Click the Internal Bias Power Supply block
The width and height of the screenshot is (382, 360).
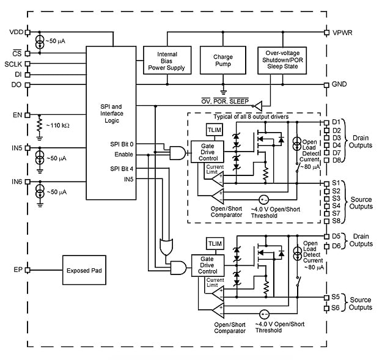click(x=163, y=61)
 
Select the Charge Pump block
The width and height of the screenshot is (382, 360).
click(x=223, y=61)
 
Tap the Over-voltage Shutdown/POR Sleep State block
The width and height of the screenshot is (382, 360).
click(x=282, y=61)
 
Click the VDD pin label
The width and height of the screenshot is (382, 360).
click(x=17, y=32)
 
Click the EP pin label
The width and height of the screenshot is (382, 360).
click(x=17, y=270)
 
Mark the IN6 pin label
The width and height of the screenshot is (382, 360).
click(x=17, y=182)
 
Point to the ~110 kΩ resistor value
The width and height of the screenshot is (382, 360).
click(x=58, y=125)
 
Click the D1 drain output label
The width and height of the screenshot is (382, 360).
click(x=337, y=122)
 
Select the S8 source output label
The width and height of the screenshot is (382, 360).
click(x=337, y=221)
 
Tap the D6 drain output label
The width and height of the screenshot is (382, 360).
click(x=337, y=246)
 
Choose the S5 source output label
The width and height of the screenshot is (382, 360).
click(x=337, y=297)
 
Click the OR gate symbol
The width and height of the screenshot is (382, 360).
click(x=166, y=246)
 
